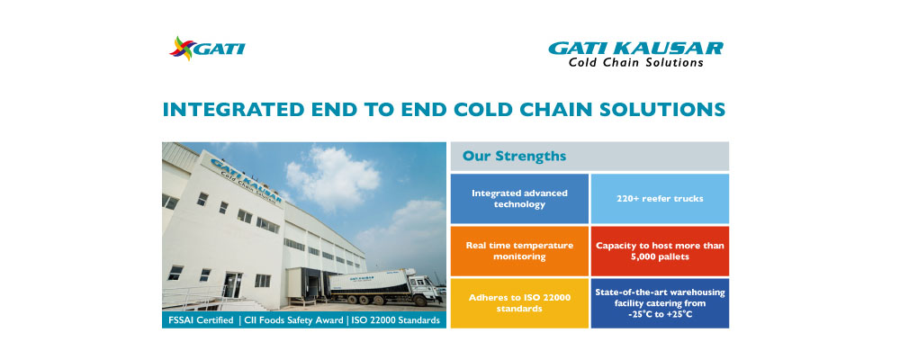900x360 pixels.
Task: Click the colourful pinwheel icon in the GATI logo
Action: pos(182,49)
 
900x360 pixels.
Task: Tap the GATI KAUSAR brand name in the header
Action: pos(635,49)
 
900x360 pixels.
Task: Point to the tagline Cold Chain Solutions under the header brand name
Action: pos(636,62)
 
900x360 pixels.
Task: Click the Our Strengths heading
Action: pos(514,156)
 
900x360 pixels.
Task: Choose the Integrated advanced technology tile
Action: pos(519,199)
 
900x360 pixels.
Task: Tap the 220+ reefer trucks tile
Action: pos(660,199)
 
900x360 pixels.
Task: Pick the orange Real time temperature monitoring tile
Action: pos(519,251)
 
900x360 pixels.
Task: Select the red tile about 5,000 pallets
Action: pos(660,251)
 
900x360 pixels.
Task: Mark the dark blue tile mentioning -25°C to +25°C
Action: pos(660,303)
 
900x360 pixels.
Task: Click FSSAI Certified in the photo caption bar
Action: pos(199,320)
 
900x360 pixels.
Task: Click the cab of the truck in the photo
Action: pos(427,289)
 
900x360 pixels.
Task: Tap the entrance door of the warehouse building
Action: pos(232,285)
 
